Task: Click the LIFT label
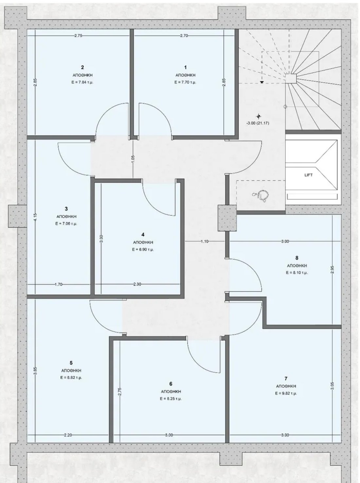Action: [308, 175]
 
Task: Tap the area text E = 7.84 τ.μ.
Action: [82, 82]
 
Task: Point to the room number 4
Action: [143, 234]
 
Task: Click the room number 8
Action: [297, 258]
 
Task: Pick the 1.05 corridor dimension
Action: [133, 159]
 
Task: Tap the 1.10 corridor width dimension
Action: [204, 241]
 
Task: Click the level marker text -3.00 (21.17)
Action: [258, 123]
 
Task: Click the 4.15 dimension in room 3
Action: [36, 217]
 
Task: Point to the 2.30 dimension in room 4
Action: [137, 284]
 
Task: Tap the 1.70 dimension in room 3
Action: [59, 284]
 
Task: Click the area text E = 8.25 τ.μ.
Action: [171, 399]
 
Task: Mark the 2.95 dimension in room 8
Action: [332, 269]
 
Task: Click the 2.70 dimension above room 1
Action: [184, 36]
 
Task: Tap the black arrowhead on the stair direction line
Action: [262, 82]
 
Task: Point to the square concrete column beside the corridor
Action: [227, 218]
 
